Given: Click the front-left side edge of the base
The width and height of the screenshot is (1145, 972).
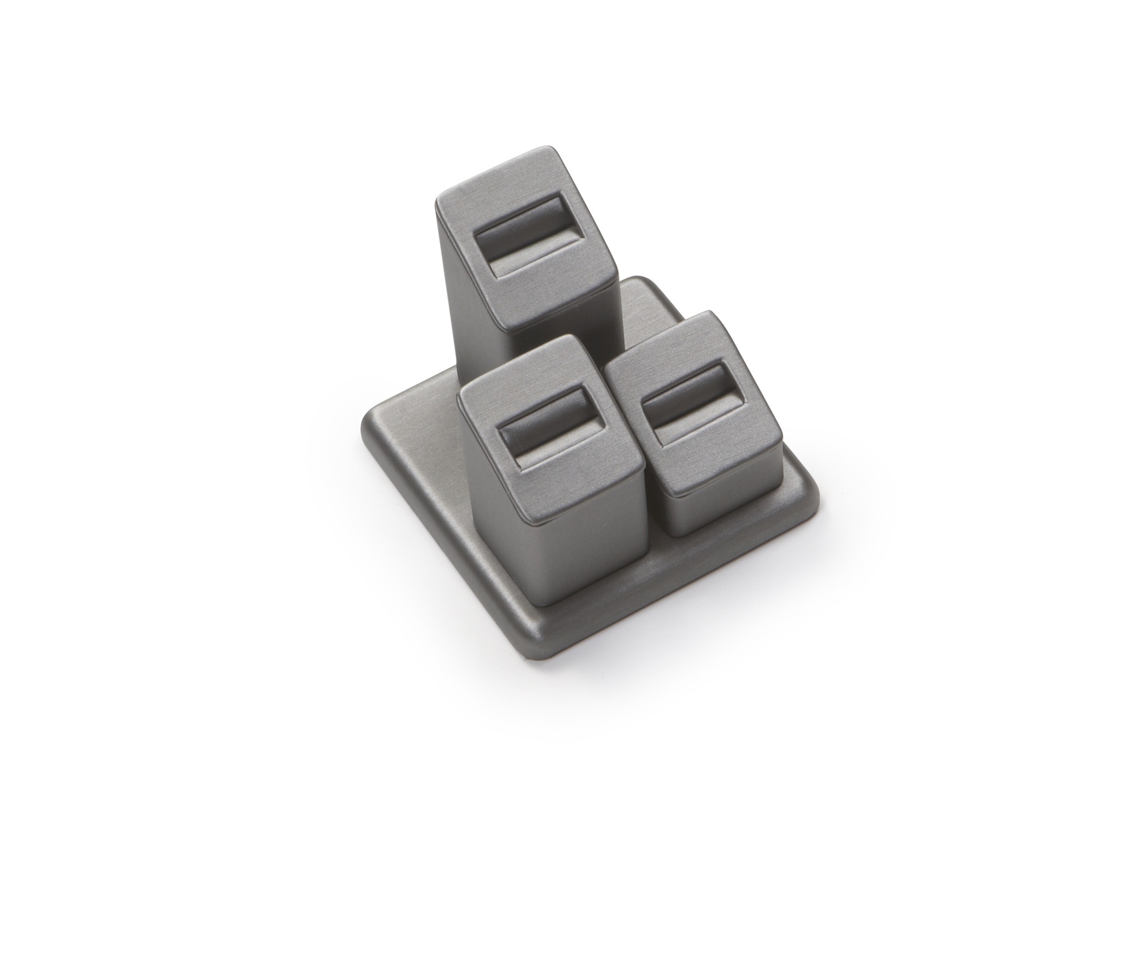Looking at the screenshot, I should (x=436, y=545).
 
